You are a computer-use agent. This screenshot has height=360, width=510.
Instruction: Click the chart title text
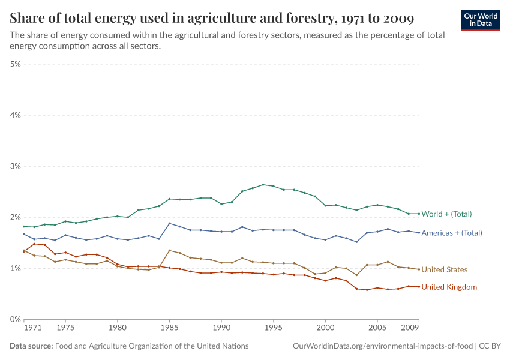212,18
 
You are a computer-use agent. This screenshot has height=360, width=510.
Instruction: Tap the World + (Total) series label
446,214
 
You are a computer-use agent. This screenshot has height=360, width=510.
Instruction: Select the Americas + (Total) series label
452,233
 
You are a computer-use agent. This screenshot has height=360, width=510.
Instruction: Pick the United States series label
444,270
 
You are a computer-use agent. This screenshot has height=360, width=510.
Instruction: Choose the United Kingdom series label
449,287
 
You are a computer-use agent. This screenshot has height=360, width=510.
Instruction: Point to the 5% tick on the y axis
15,64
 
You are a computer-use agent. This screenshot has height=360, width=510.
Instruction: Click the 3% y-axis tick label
15,166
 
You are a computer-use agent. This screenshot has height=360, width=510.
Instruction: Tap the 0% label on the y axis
15,319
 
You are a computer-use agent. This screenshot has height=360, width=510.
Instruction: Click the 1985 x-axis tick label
169,329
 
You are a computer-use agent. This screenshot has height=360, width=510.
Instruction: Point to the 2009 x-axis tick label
410,329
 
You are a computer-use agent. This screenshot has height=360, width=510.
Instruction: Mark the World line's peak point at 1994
263,184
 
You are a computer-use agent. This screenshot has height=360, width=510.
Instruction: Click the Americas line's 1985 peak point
169,223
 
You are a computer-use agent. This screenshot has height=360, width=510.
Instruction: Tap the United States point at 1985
169,250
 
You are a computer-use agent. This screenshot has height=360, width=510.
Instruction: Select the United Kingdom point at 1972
34,244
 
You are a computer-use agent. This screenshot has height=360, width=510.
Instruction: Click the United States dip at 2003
356,275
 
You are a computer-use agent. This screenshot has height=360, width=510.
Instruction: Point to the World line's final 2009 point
419,214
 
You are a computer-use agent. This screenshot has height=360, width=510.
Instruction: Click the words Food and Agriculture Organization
152,346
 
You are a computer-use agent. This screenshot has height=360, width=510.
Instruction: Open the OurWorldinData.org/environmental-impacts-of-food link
382,346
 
